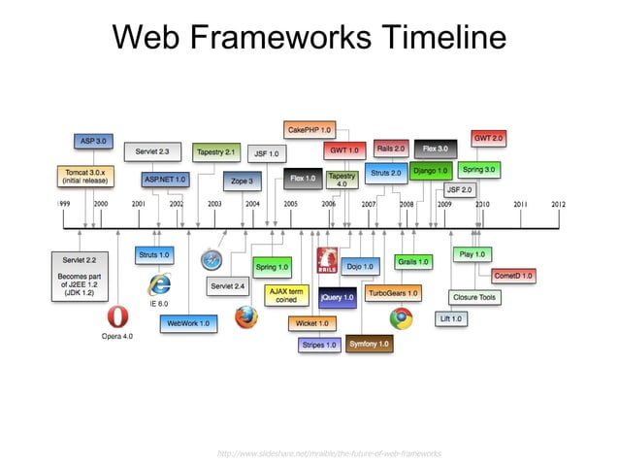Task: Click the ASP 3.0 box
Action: (x=93, y=141)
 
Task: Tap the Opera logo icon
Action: (x=117, y=317)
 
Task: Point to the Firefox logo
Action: (x=246, y=316)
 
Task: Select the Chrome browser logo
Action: (x=401, y=316)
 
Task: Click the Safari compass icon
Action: (x=212, y=260)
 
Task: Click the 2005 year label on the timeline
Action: (x=290, y=205)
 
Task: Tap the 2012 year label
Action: (x=558, y=205)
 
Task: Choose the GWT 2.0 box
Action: (x=487, y=138)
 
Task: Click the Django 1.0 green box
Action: (x=429, y=171)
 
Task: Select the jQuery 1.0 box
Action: (x=337, y=296)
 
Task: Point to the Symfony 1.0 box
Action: (x=369, y=344)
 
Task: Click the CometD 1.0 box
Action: (x=512, y=276)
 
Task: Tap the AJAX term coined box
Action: (x=287, y=295)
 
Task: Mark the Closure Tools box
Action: (x=474, y=297)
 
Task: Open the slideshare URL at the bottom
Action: (x=330, y=453)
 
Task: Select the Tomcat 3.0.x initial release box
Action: (x=85, y=177)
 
